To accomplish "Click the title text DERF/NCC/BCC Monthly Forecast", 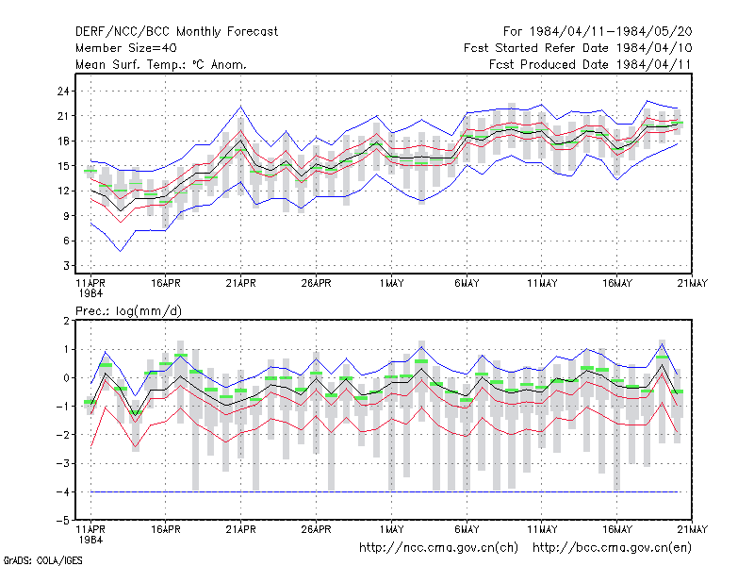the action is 176,32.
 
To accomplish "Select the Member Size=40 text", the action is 126,48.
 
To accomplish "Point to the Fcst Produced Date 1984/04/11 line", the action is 590,64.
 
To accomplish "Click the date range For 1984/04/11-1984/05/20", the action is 598,32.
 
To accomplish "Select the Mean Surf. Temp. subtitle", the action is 161,64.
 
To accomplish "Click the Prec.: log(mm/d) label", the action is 128,311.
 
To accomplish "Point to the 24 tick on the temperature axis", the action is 63,91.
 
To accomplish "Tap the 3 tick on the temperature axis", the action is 66,266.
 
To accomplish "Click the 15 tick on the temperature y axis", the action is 63,166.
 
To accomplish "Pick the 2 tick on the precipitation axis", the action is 66,321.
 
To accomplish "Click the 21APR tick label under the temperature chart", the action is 240,284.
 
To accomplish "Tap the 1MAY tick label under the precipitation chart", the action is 391,529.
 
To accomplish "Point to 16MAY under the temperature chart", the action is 617,284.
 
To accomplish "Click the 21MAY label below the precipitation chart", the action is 693,529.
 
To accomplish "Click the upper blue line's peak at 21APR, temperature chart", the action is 241,107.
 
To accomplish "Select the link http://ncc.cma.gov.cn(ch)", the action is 438,548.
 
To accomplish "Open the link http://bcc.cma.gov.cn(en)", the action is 612,548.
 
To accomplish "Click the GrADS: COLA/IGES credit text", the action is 42,560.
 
